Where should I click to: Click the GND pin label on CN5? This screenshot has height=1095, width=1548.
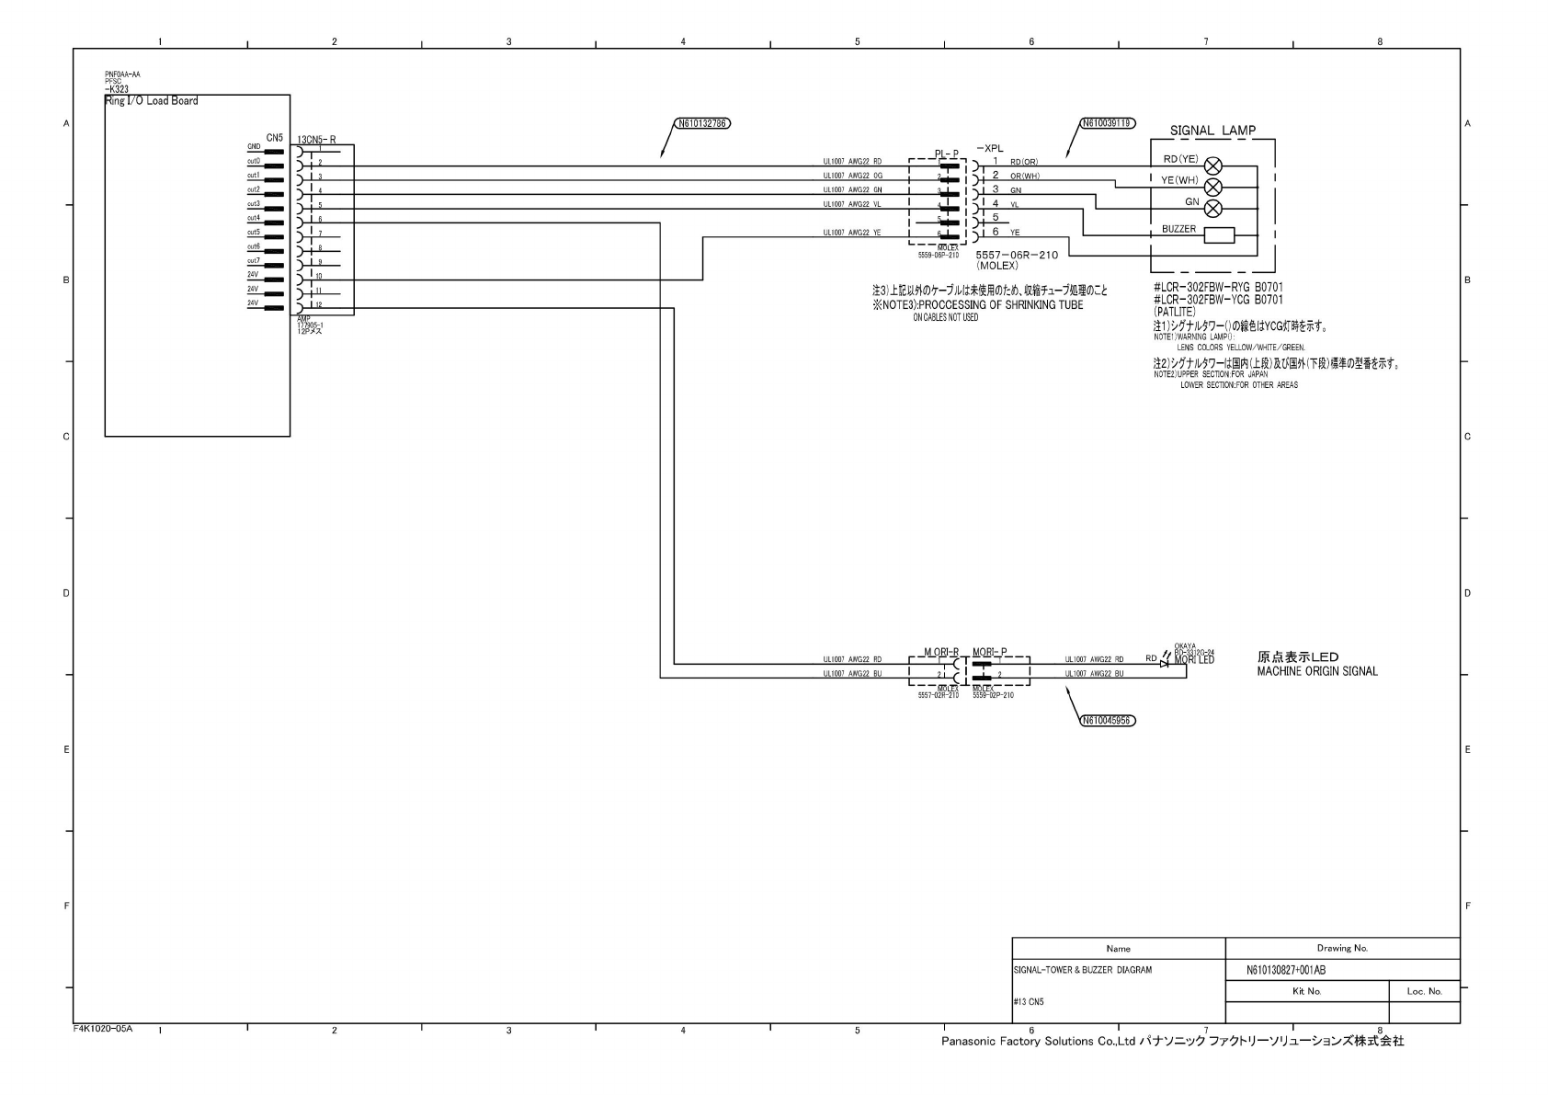[253, 147]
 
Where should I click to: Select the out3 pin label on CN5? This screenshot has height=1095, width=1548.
[253, 204]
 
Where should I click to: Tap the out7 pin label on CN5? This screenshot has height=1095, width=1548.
[253, 261]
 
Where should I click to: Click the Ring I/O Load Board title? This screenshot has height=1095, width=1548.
[151, 101]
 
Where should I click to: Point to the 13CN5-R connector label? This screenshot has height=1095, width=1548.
[316, 140]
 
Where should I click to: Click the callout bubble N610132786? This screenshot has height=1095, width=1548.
[703, 122]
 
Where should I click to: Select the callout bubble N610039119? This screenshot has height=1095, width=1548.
[1107, 122]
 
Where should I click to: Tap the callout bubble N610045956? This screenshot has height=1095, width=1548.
[1107, 721]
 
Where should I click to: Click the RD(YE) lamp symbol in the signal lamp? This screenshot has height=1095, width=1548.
[1213, 166]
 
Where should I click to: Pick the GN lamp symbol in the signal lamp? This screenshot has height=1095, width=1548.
[1213, 208]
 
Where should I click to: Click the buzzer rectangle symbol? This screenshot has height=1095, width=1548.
[1219, 234]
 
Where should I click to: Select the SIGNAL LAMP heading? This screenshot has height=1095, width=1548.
[1212, 131]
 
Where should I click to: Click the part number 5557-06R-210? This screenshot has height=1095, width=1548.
[1016, 255]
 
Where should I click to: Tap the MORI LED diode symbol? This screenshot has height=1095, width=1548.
[1166, 662]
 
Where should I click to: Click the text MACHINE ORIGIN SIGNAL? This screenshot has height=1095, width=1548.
[1316, 672]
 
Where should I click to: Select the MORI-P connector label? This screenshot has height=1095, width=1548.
[989, 652]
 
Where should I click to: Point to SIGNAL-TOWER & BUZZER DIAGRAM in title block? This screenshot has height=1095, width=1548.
[1082, 970]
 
